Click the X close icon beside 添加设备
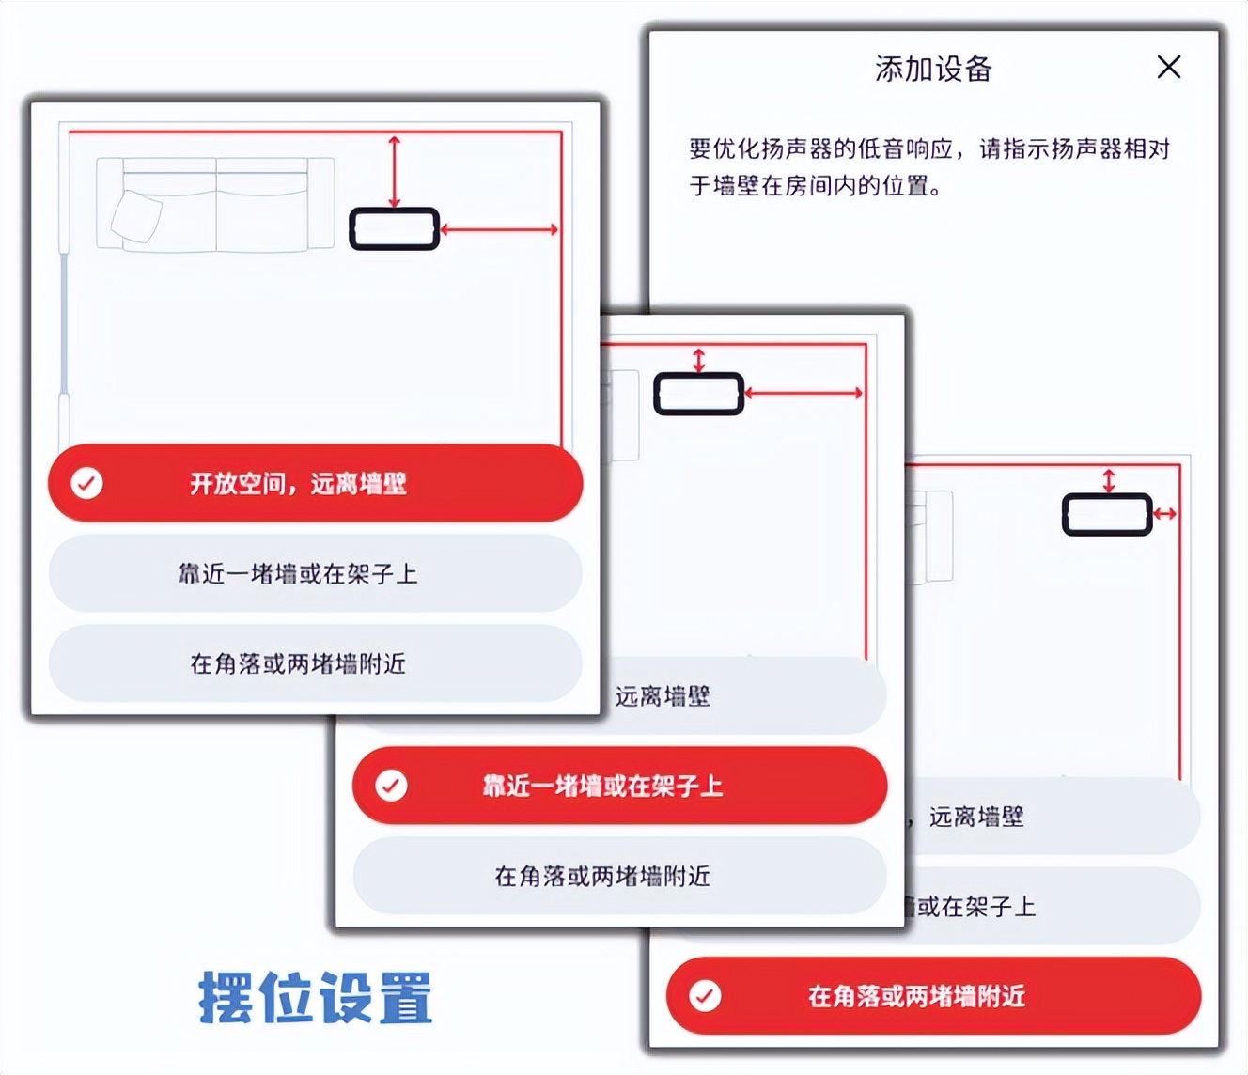(x=1169, y=67)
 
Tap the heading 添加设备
(x=933, y=69)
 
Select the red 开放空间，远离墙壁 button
(x=316, y=484)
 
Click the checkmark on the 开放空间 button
(x=87, y=483)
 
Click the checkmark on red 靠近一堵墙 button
(x=392, y=786)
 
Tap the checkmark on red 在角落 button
(x=706, y=995)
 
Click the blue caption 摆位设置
(x=316, y=998)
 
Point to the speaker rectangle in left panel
(x=395, y=229)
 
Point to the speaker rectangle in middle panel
(x=698, y=394)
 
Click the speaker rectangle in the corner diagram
(x=1107, y=514)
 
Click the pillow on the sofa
(x=136, y=217)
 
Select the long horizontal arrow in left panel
(x=500, y=229)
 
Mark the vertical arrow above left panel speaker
(x=395, y=171)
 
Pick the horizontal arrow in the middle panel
(x=804, y=393)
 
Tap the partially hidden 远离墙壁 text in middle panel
(x=663, y=696)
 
